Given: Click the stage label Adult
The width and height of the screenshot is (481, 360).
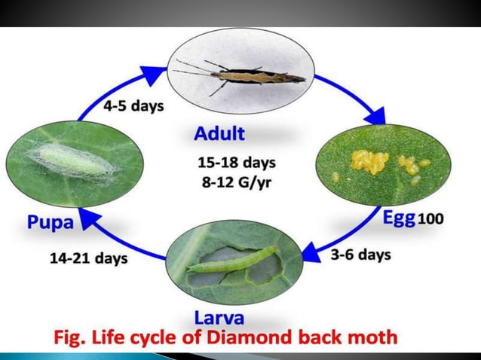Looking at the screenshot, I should (219, 134).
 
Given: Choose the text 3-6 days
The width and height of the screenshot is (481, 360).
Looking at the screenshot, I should (360, 255).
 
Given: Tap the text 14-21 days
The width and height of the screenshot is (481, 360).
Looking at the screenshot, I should (88, 258).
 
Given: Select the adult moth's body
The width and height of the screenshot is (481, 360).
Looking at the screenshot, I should (256, 75).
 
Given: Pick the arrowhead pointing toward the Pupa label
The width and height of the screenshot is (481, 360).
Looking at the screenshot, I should (87, 219).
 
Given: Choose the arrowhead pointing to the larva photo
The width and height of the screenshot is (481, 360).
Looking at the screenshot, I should (311, 249).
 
